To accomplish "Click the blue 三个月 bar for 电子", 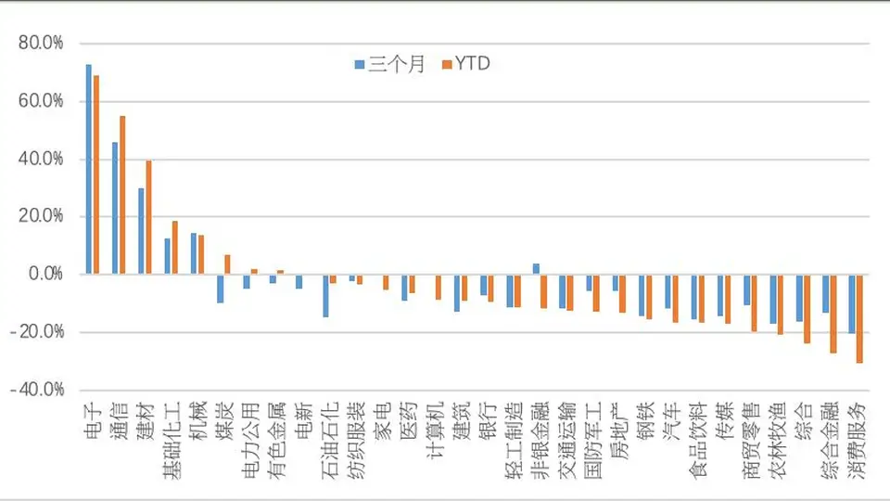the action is click(x=89, y=169).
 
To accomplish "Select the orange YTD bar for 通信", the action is click(x=122, y=196).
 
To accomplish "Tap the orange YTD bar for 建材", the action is click(x=148, y=217).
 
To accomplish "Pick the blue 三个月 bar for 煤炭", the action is click(x=221, y=289).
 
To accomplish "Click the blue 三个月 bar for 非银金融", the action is click(x=536, y=269).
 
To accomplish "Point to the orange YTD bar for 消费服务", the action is click(x=859, y=318).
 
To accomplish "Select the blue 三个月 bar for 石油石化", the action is click(x=325, y=295).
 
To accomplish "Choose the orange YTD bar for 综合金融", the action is click(x=833, y=314).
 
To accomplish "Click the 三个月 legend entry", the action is click(x=390, y=64).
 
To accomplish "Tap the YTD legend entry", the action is click(x=466, y=64).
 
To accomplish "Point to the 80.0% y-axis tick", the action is click(x=41, y=44).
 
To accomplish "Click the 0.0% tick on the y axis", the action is click(x=46, y=274).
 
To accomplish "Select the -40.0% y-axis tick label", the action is click(x=37, y=390).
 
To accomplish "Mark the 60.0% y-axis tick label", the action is click(x=41, y=101).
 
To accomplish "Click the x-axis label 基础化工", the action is click(x=172, y=440).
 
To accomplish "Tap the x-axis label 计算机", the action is click(x=434, y=430).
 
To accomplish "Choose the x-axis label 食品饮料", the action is click(x=697, y=440).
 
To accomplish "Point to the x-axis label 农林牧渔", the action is click(x=777, y=440).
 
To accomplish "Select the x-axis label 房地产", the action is click(x=618, y=430).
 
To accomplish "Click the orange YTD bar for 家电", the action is click(x=386, y=282).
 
